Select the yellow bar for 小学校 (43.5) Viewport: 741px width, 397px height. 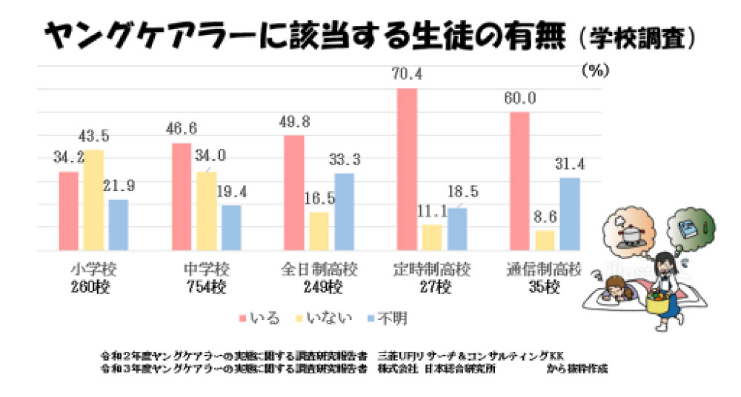pyautogui.click(x=93, y=200)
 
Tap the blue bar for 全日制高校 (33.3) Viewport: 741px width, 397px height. pyautogui.click(x=344, y=212)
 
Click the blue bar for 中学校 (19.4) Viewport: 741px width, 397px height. pyautogui.click(x=231, y=227)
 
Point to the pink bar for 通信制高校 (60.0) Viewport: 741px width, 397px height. pyautogui.click(x=520, y=181)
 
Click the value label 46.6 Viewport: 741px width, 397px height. pyautogui.click(x=182, y=129)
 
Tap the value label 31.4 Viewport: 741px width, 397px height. pyautogui.click(x=570, y=164)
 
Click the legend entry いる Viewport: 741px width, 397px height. pyautogui.click(x=265, y=318)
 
